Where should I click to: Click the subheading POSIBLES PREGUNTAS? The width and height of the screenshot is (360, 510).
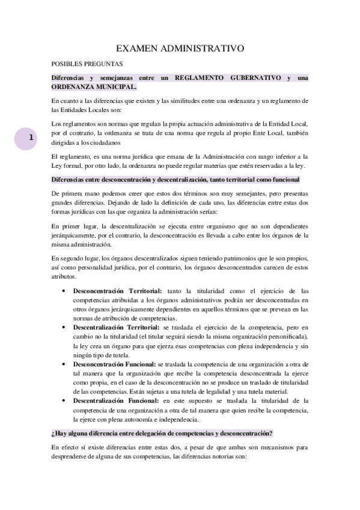87,63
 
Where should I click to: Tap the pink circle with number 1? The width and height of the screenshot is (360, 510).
31,138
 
